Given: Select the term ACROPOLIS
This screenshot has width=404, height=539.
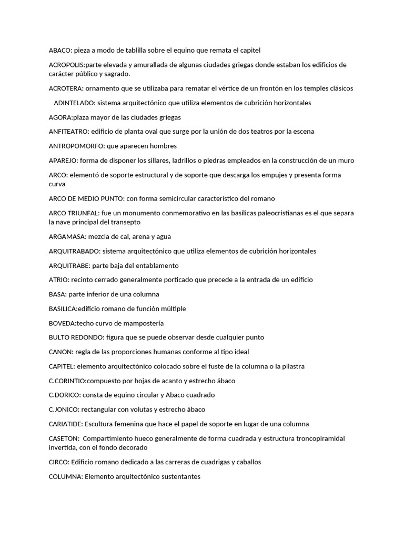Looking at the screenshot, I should point(67,65).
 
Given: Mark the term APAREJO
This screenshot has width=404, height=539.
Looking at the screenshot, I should point(63,161).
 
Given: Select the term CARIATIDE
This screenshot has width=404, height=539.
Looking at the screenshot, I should point(65,424).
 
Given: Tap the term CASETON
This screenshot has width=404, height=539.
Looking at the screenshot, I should point(63,438).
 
